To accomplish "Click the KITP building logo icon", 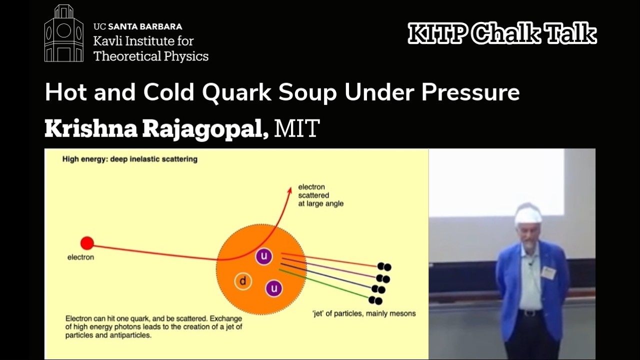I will pos(63,33).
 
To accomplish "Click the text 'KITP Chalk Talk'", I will pos(502,34).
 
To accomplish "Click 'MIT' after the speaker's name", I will pos(296,129).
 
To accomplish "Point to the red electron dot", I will pos(87,243).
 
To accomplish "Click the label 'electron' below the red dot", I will pos(80,257).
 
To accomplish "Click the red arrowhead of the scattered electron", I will pos(289,190).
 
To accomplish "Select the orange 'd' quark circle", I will pos(243,281).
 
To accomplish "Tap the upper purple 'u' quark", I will pos(263,257).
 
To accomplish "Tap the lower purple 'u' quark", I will pos(274,288).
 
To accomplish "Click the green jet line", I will pos(325,284).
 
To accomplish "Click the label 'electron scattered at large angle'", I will pos(320,195).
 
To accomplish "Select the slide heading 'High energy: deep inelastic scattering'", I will pos(129,159).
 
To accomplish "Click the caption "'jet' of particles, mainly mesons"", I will pos(363,314).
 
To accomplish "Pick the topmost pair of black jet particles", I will pos(384,267).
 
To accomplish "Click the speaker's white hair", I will pos(528,215).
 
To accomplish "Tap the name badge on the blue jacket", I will pos(548,272).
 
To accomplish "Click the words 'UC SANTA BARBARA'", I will pos(137,27).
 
